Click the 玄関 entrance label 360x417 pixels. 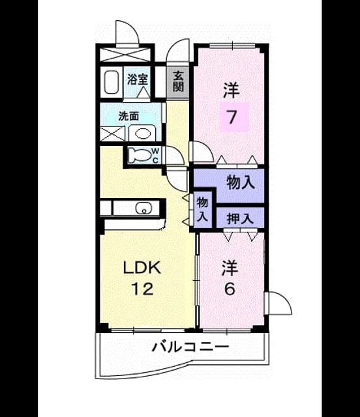178,81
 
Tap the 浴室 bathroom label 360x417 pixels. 137,79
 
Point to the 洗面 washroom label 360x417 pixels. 128,116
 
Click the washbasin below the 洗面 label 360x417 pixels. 143,134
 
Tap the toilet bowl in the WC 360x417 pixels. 138,155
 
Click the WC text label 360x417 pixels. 156,156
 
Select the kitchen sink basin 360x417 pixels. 143,207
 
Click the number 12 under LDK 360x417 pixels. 142,289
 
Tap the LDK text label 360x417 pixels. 142,268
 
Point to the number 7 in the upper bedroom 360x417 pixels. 232,117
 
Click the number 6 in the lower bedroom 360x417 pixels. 230,289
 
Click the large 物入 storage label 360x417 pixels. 240,182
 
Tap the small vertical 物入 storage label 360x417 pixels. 202,210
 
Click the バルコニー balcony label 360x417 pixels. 190,347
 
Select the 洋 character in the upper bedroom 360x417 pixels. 231,90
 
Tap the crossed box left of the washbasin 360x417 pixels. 112,134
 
